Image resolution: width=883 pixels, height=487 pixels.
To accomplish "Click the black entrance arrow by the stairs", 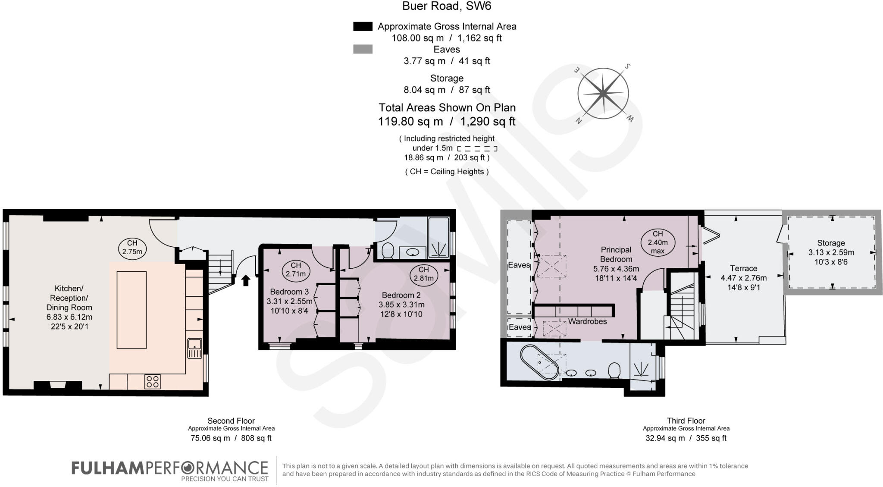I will coord(246,281).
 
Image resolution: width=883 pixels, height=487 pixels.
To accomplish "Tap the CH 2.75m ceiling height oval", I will coord(132,248).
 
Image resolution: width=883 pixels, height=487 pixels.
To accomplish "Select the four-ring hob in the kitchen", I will coord(153,381).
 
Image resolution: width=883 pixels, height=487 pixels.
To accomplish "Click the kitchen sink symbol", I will coord(195,348).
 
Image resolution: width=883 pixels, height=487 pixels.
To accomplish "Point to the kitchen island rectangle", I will coord(132,310).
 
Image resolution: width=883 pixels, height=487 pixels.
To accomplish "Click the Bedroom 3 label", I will coord(289,292).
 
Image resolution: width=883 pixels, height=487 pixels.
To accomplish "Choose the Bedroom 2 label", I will coord(401,295).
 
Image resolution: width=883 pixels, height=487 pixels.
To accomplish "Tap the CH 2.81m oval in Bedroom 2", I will coord(423,274).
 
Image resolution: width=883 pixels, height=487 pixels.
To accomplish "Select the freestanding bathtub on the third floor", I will coord(539,362).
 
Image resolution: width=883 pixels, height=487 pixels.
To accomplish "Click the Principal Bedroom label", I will coord(616,254).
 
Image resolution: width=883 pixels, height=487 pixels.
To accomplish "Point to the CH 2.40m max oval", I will coord(658,242).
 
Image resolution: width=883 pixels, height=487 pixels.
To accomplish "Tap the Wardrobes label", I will coord(587,322).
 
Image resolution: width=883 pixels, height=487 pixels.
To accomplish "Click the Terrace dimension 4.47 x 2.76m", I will coord(744,278).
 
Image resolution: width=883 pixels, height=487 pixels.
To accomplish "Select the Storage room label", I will coord(831,243).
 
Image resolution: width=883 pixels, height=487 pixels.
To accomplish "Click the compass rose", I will coord(603,94).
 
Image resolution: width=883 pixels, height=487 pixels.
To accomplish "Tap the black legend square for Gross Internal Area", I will coord(363,27).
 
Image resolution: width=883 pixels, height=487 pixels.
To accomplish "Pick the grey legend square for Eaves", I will coord(363,50).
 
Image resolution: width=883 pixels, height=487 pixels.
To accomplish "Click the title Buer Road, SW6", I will coord(447,6).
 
